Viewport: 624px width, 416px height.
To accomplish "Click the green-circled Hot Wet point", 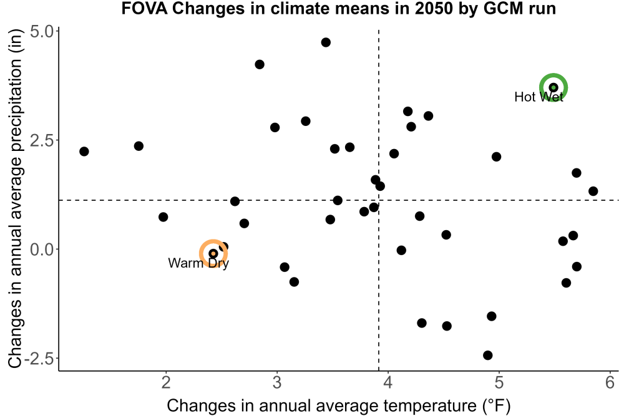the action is (x=553, y=87).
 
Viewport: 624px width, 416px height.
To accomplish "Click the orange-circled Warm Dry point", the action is (x=213, y=253).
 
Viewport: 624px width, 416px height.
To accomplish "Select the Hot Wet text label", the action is (x=539, y=97).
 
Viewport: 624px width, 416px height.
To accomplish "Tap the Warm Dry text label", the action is (x=198, y=263).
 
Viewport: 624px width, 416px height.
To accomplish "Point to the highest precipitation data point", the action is (x=326, y=42).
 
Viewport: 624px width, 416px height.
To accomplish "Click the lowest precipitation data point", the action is (x=488, y=355).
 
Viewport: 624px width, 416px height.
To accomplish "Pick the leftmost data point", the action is (x=84, y=152).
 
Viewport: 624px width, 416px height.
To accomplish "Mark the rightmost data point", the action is (x=593, y=191).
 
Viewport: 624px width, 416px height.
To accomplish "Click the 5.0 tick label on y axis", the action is (x=42, y=32).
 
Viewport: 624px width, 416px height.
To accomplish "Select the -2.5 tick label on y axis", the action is (x=39, y=359).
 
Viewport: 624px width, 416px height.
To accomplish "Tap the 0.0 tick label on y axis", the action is (x=42, y=249).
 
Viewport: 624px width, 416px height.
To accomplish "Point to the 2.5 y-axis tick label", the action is (x=42, y=140).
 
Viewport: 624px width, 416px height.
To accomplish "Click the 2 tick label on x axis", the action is (x=166, y=382).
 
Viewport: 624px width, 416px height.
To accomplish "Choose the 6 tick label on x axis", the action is (x=610, y=382).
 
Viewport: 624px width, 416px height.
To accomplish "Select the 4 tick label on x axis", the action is (x=388, y=382).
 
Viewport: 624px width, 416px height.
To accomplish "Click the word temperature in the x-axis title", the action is (x=430, y=406).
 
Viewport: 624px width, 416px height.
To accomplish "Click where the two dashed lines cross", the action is (x=379, y=200).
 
